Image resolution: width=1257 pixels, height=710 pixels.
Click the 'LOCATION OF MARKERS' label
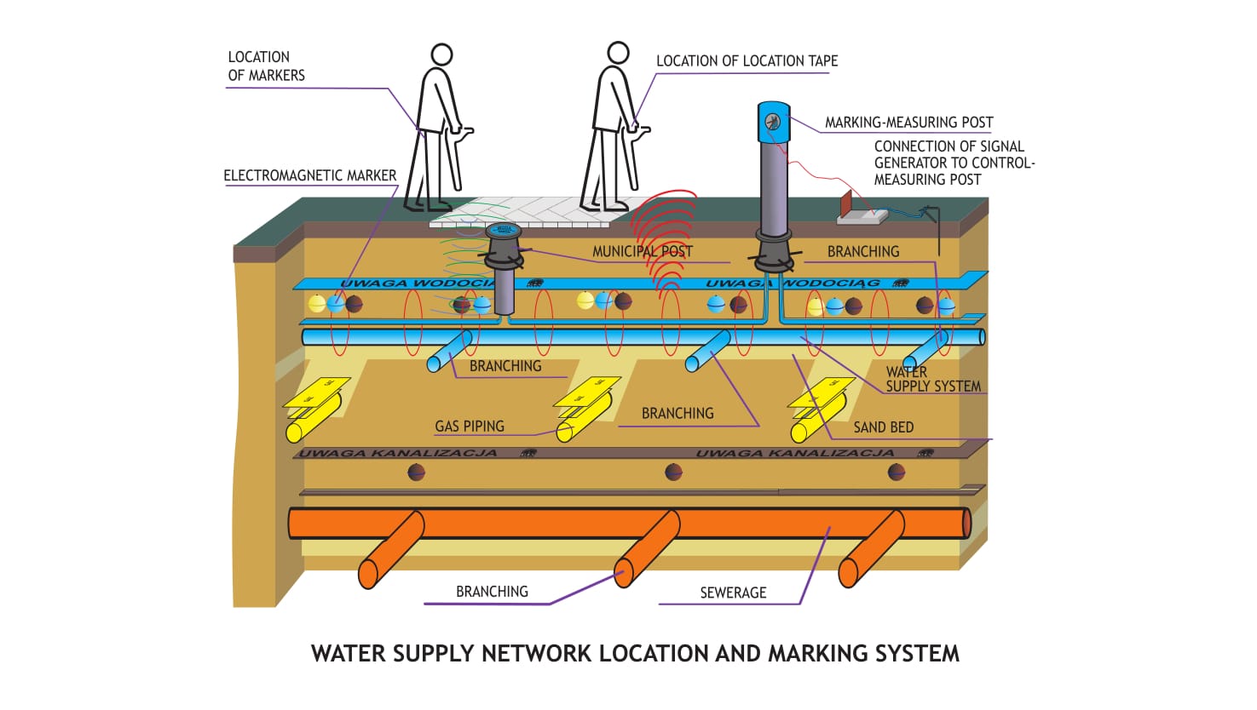[x=266, y=66]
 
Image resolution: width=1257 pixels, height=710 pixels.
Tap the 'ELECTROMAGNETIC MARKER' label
[x=309, y=175]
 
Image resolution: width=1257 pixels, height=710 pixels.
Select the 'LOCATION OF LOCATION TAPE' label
[x=747, y=61]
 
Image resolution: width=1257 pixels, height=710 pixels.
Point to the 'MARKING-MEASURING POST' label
[x=908, y=123]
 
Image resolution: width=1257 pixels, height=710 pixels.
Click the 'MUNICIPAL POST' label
[x=642, y=251]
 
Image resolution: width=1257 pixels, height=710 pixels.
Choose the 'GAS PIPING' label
[x=470, y=426]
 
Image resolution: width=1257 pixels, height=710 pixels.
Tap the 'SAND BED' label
[x=883, y=427]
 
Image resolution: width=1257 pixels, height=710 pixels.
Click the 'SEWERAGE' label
[x=733, y=593]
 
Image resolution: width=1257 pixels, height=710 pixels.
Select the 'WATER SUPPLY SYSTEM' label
[x=932, y=379]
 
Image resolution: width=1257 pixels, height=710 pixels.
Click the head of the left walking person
[x=441, y=55]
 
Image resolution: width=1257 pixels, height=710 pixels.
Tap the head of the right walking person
[x=618, y=53]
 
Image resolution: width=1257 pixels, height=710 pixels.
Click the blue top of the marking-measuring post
[x=773, y=122]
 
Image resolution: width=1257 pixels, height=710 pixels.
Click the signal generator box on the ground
[x=862, y=216]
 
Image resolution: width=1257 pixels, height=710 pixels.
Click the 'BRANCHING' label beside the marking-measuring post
[x=863, y=251]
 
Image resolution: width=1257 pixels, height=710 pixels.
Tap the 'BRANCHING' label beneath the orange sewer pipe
[x=492, y=592]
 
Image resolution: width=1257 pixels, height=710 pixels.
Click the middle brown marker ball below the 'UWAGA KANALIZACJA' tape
[x=673, y=472]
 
